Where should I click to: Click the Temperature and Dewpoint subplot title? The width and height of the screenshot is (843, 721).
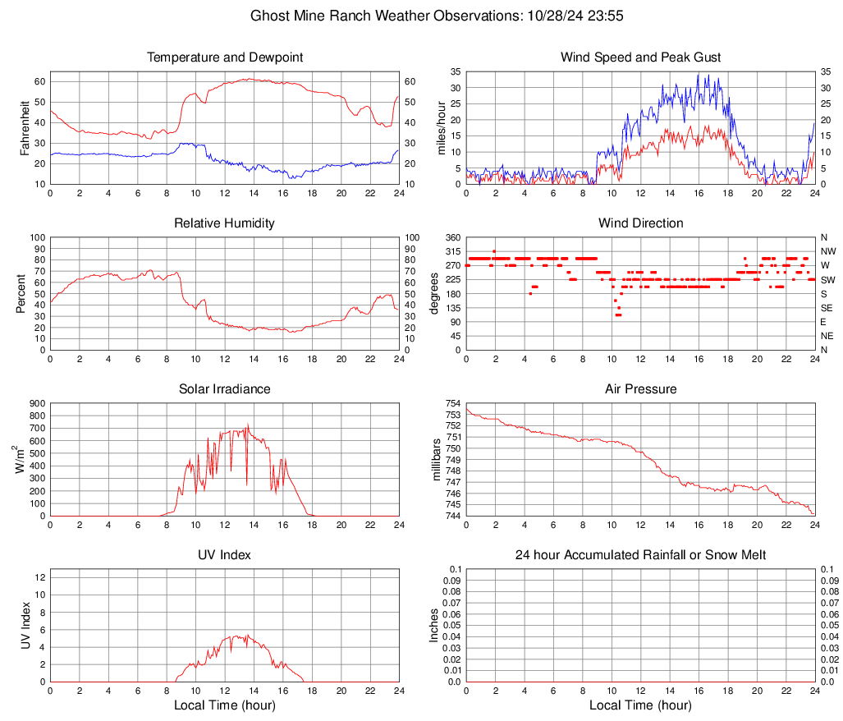click(x=225, y=57)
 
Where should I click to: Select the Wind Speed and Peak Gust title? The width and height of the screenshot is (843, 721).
click(x=640, y=57)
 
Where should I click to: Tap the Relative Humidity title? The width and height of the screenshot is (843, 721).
click(x=225, y=223)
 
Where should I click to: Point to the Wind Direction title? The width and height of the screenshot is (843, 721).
click(x=640, y=223)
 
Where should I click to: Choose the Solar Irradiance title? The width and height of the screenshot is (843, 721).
click(x=225, y=389)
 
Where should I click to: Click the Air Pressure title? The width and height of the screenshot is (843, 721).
click(x=640, y=389)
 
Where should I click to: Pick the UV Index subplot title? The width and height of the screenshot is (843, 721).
click(x=225, y=555)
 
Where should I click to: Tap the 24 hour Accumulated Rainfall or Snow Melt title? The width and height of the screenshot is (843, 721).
click(x=640, y=555)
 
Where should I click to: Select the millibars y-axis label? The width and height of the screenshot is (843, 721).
click(x=437, y=460)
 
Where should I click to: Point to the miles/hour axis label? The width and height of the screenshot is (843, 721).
click(x=441, y=128)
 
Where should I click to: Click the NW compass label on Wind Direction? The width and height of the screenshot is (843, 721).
click(x=828, y=251)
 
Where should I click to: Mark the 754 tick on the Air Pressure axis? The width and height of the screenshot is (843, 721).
click(x=452, y=403)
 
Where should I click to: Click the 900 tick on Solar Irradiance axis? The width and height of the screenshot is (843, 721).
click(x=37, y=403)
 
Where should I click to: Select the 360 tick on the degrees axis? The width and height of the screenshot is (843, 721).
click(x=452, y=237)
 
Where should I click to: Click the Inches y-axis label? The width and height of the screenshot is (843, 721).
click(x=434, y=626)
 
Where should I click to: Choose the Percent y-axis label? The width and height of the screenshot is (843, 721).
click(x=21, y=294)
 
